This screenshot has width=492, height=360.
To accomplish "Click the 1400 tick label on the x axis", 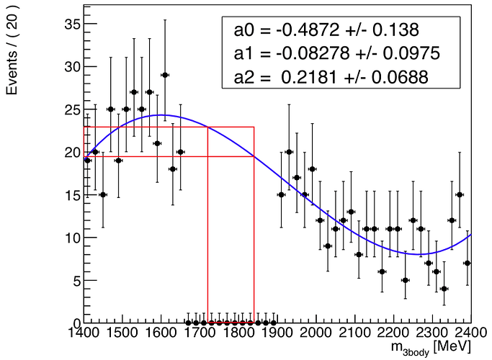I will (84, 333).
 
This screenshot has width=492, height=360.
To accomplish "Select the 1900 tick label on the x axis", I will (277, 333).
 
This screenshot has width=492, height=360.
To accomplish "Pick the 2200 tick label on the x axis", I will (393, 333).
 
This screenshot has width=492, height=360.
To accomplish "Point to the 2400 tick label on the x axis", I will (470, 333).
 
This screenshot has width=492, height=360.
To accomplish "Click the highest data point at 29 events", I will (165, 75).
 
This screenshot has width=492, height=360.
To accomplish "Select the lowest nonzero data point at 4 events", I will (444, 289).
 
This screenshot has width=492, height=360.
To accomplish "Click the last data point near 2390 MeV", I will (468, 263).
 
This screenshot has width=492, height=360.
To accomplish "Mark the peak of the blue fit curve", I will (162, 115).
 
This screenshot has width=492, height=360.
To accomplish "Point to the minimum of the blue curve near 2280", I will (424, 253).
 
